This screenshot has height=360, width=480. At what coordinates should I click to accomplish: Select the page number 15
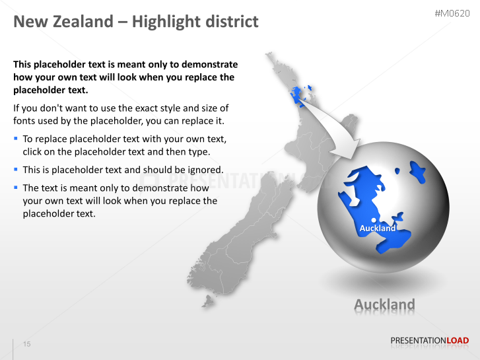point(27,343)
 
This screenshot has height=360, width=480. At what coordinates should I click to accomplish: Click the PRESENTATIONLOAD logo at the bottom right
point(429,341)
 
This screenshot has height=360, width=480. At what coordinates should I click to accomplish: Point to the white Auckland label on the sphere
point(378,228)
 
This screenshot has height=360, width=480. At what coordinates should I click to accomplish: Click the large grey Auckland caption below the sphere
point(384,305)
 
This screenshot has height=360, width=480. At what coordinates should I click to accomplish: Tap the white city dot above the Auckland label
point(374,220)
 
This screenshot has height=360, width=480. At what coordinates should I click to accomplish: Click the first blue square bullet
point(16,139)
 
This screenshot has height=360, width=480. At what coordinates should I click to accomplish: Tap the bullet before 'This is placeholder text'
point(16,170)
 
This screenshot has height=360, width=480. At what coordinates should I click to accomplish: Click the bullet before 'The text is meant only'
point(16,188)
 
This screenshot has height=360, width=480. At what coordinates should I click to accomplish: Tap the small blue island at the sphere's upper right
point(417,172)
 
